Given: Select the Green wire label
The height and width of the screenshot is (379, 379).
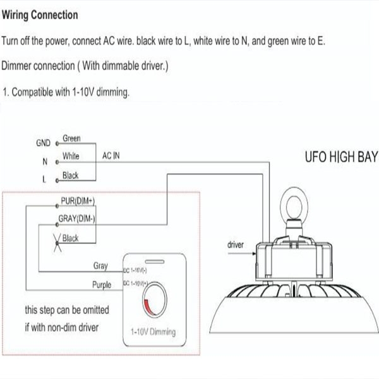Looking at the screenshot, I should pos(71,138).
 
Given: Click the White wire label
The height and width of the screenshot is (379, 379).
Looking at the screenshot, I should pos(71,156).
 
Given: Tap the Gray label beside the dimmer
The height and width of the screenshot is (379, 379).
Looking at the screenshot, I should pos(100,267).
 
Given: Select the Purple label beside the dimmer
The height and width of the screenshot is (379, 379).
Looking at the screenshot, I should pos(102,286).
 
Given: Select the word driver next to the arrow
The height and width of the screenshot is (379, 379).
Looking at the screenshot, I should pos(235,244).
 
